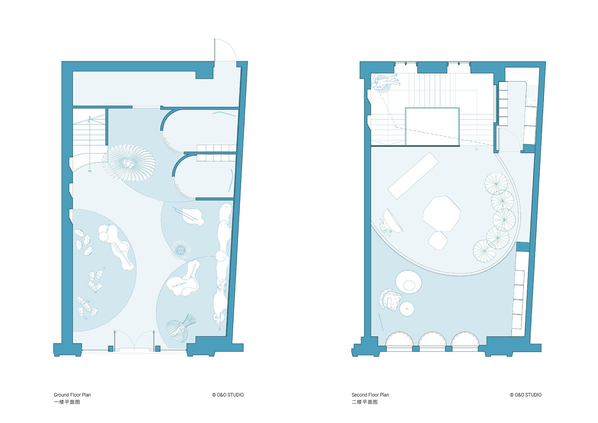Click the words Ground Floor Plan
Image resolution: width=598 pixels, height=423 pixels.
[x=72, y=395]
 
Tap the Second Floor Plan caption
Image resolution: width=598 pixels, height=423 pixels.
[x=370, y=395]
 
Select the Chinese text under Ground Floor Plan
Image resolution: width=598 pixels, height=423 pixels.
[x=67, y=402]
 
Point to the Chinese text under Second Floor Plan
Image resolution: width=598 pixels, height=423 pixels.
[x=365, y=402]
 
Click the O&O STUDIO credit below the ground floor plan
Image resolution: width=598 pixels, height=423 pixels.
[x=228, y=395]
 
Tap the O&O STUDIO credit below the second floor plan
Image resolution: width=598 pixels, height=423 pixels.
[x=526, y=395]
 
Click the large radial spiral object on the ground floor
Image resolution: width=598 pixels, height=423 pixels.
[x=129, y=163]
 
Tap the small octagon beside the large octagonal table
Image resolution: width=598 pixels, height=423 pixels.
[x=438, y=240]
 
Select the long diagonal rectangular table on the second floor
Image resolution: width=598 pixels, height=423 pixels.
[x=413, y=176]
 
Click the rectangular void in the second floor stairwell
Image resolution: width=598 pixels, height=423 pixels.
[x=432, y=127]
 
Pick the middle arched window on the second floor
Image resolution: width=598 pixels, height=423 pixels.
[x=432, y=339]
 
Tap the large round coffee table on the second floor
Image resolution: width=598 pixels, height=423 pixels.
[x=408, y=282]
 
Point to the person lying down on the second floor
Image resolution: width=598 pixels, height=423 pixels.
[x=385, y=82]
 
